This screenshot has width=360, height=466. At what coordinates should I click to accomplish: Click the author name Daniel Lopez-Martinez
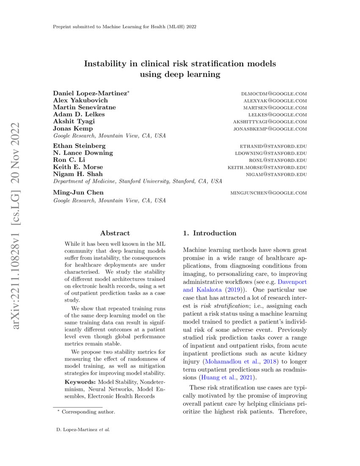90,93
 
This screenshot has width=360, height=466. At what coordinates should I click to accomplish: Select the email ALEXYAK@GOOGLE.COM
275,100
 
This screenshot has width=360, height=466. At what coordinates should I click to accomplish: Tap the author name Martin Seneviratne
84,107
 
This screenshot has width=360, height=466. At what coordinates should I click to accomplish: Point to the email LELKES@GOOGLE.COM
277,114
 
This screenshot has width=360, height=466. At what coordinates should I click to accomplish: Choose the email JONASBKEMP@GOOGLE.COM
270,128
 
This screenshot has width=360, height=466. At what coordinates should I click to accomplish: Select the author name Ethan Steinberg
79,146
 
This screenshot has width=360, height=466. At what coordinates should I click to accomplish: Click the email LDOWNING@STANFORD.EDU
271,153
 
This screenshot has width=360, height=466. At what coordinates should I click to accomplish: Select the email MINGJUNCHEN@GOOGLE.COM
269,193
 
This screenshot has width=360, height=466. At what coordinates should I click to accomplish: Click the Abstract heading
115,233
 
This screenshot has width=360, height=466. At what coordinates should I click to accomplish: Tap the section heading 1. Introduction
209,233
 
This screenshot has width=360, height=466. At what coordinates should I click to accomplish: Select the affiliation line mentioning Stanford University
137,181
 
